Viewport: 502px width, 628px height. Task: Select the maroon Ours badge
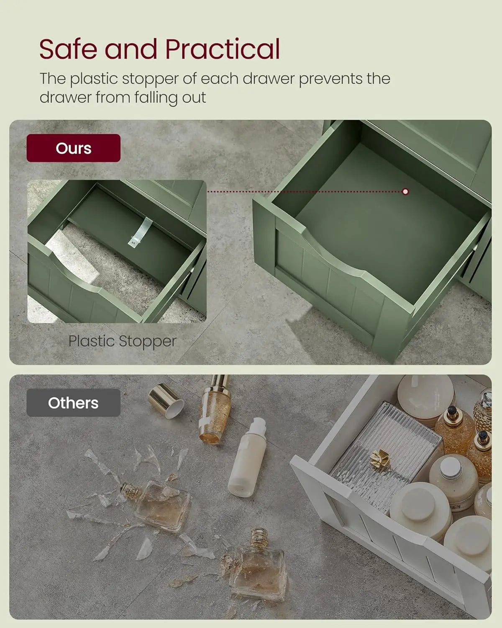pos(74,148)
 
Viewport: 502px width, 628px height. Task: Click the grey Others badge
pos(74,402)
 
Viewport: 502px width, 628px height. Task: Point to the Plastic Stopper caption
pos(123,341)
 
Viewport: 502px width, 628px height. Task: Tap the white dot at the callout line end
pos(405,192)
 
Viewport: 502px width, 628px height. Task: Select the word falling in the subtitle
pos(156,98)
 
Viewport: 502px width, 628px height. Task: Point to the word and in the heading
pos(131,49)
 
